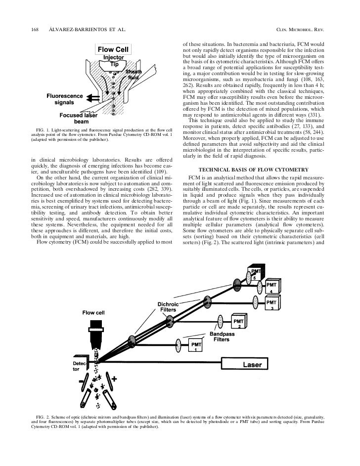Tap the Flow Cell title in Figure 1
click(x=113, y=50)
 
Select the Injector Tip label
click(x=114, y=61)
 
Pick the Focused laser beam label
click(x=78, y=119)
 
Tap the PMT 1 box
click(x=196, y=347)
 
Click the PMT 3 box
click(x=271, y=304)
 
